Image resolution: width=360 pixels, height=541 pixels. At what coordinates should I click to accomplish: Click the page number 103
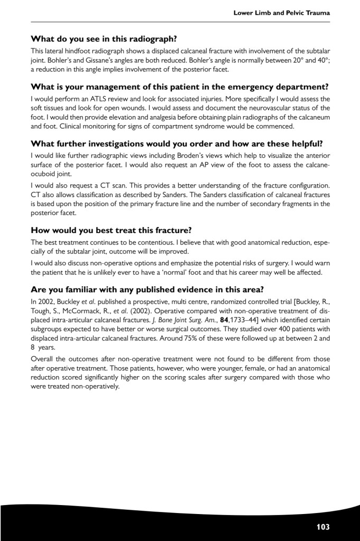[323, 526]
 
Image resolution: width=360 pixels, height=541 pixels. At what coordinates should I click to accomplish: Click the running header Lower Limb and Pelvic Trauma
[282, 12]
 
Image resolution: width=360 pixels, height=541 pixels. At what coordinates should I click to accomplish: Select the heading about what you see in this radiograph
[104, 39]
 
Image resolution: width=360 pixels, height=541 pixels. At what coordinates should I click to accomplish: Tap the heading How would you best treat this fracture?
[110, 230]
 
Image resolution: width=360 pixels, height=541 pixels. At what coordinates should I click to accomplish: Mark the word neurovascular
[260, 108]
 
